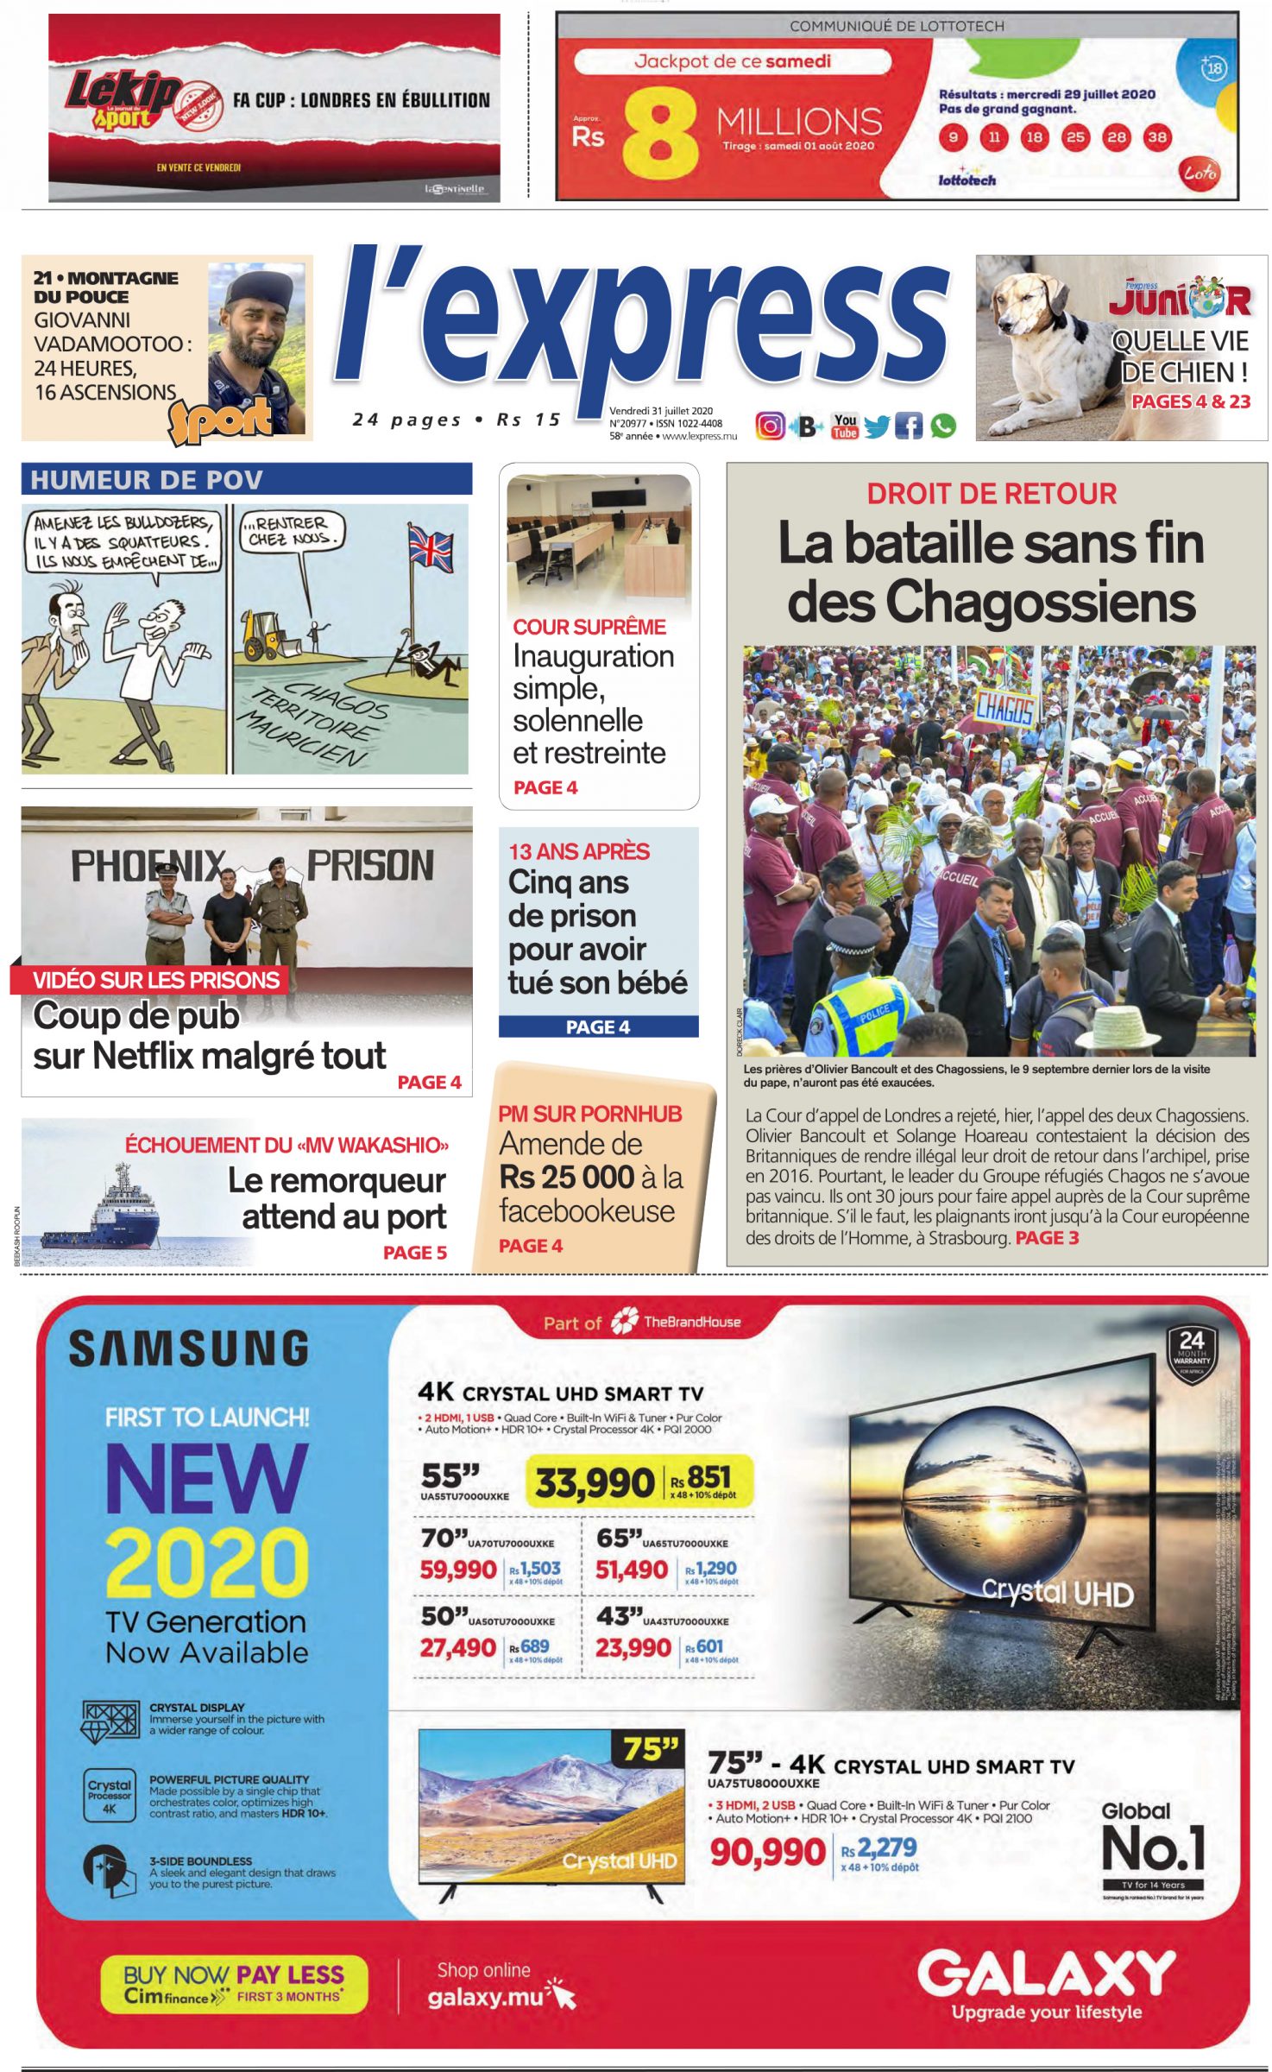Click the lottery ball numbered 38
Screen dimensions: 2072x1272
tap(1156, 137)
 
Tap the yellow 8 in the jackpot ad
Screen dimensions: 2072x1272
tap(659, 134)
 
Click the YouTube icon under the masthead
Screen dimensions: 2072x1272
tap(844, 425)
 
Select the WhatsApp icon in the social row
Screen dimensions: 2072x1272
tap(943, 426)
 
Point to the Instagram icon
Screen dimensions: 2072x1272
tap(770, 426)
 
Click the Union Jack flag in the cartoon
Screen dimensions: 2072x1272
tap(430, 547)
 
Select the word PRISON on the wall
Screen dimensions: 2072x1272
tap(370, 866)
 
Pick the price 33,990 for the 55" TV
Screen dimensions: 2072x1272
tap(594, 1483)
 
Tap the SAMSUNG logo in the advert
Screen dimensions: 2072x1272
tap(188, 1349)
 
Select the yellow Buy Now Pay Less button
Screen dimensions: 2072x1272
tap(234, 1983)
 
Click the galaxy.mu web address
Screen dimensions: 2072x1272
tap(485, 1998)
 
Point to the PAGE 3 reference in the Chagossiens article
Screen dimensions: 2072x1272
tap(1047, 1238)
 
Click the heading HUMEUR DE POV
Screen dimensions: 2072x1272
tap(147, 480)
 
